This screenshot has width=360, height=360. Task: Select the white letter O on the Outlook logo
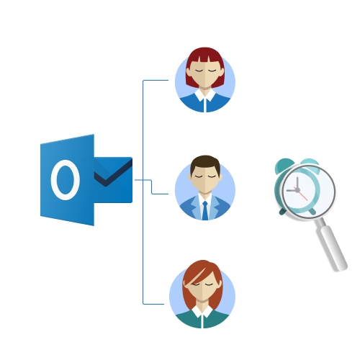66,180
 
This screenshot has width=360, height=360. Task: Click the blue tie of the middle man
205,210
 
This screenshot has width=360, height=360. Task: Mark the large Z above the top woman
230,56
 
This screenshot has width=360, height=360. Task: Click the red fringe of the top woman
204,56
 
